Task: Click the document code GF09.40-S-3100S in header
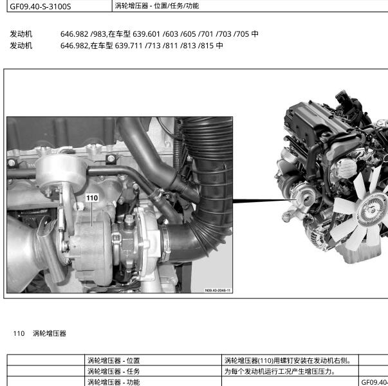[41, 6]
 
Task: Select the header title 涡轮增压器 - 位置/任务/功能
[156, 6]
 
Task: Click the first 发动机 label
[21, 34]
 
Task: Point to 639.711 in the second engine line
[129, 46]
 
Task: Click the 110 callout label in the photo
[92, 198]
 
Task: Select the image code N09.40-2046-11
[217, 290]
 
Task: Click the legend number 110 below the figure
[19, 333]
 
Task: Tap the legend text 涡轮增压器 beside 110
[50, 333]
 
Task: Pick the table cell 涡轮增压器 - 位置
[114, 360]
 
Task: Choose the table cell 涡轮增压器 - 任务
[114, 371]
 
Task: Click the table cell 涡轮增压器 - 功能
[114, 382]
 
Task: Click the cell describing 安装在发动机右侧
[288, 360]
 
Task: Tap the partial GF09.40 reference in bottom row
[374, 382]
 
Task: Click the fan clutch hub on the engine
[372, 210]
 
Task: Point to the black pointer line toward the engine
[264, 201]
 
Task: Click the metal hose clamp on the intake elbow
[165, 243]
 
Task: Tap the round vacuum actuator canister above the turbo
[61, 171]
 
